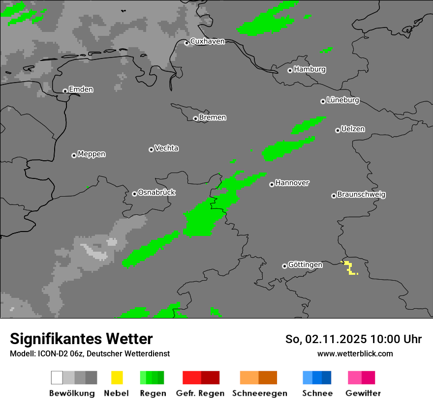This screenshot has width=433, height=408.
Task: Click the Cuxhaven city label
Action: pos(207,41)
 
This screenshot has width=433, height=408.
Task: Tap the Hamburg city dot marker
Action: pos(290,70)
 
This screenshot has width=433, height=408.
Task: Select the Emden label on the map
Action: pos(81,89)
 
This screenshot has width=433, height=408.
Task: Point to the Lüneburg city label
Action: pos(343,100)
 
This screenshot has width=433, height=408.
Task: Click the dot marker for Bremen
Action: pos(195,118)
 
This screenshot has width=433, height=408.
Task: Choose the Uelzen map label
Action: pos(353,129)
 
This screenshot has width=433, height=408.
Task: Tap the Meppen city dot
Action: pos(74,155)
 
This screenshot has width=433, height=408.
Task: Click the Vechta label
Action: pos(166,148)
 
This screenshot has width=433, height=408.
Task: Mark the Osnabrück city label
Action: pos(156,192)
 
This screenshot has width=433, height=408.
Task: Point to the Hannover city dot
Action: pos(272,184)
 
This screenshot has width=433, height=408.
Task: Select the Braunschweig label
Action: pos(361,194)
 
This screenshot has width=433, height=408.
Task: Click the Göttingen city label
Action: pos(305,264)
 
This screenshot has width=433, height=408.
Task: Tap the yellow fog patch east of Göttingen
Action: pos(349,268)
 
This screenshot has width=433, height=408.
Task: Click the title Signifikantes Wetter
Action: pos(81,339)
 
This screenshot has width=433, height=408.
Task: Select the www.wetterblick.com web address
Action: pos(355,353)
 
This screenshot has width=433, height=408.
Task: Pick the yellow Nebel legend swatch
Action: pos(117,378)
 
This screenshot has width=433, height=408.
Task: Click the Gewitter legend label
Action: pos(363,393)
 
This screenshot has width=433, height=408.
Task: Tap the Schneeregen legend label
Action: pos(259,393)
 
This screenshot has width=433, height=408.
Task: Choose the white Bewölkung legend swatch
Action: pos(57,378)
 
